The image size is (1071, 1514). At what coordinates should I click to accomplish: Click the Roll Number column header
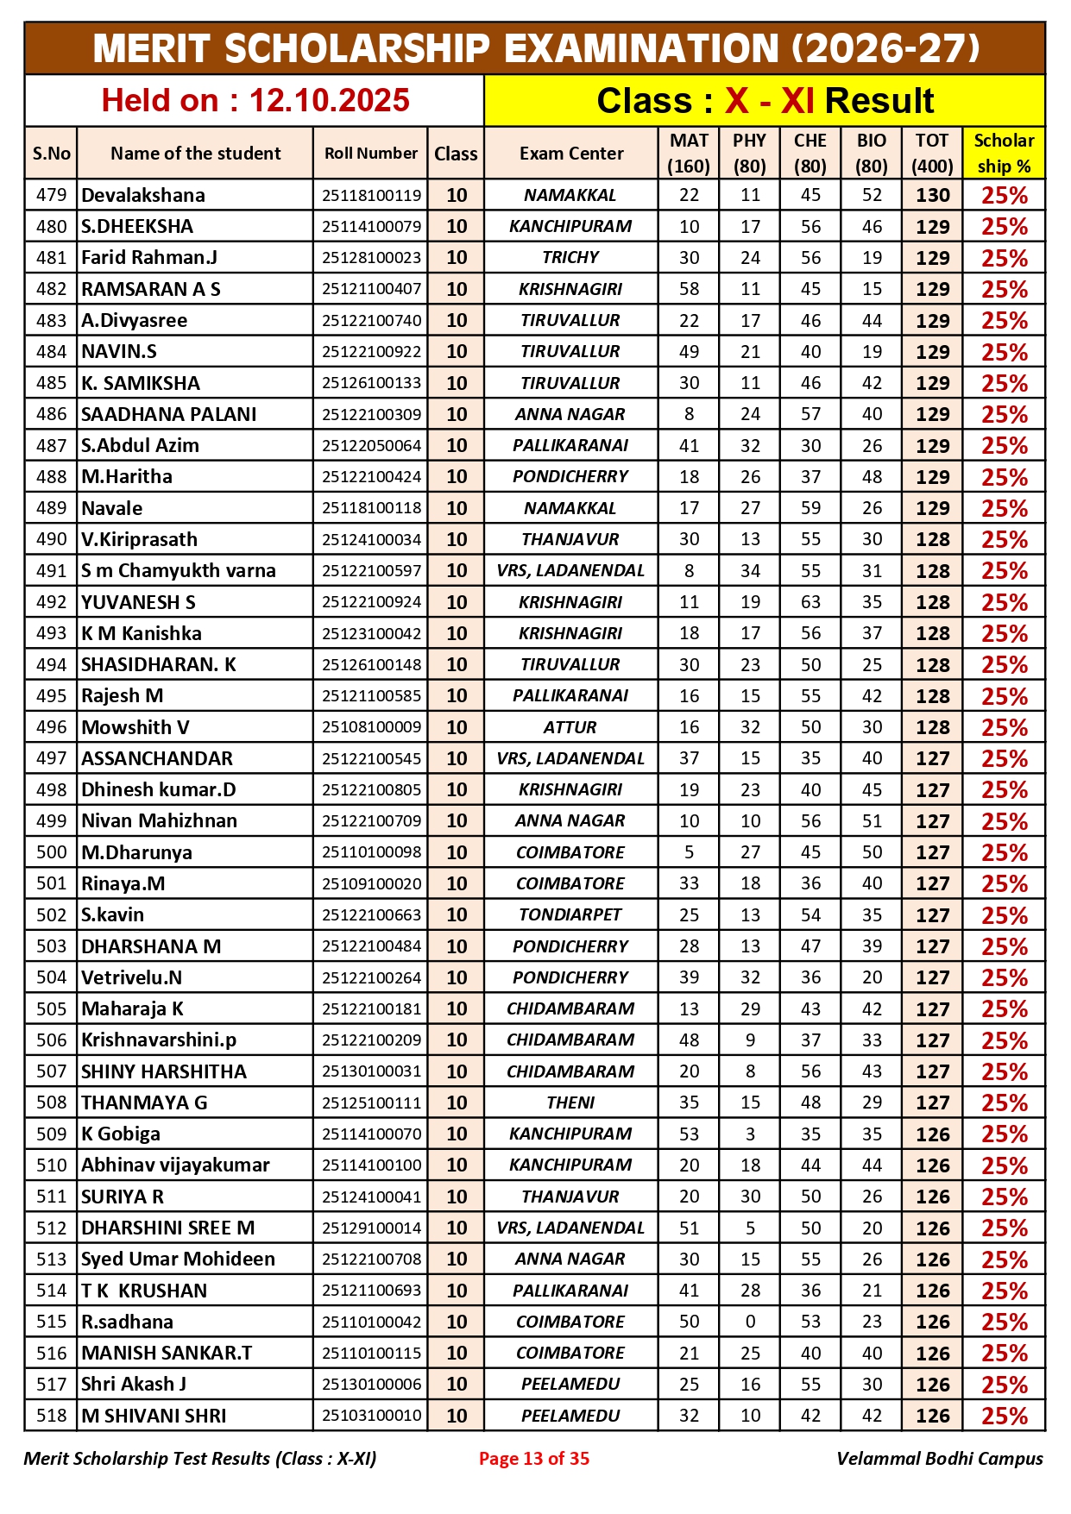click(x=370, y=154)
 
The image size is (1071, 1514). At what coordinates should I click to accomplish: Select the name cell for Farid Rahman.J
click(x=149, y=258)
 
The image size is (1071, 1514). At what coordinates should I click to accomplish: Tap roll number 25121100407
click(x=371, y=289)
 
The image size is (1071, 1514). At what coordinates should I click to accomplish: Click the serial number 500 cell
click(x=51, y=852)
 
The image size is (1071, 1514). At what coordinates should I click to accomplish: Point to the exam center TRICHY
click(x=570, y=258)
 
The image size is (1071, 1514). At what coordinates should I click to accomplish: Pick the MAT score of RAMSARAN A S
click(x=689, y=289)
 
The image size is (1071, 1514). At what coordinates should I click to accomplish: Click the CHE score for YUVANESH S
click(x=810, y=602)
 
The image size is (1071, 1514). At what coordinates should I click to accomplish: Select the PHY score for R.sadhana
click(x=750, y=1322)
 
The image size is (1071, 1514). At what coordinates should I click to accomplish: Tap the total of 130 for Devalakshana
click(x=932, y=195)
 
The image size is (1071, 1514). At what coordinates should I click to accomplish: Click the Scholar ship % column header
click(x=1004, y=154)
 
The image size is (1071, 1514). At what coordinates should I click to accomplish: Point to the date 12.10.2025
click(x=329, y=101)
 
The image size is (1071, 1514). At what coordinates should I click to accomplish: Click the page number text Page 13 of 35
click(x=534, y=1459)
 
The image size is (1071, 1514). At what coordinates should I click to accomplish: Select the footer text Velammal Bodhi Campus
click(x=939, y=1459)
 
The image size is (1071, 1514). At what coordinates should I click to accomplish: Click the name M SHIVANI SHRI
click(x=154, y=1416)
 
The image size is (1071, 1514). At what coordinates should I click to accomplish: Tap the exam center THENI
click(x=570, y=1103)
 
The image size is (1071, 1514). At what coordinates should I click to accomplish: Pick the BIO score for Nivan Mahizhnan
click(x=872, y=820)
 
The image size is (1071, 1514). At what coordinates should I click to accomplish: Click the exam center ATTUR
click(x=570, y=727)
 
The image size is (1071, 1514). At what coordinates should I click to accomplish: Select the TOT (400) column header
click(x=932, y=154)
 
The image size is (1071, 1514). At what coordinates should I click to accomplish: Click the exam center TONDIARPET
click(x=570, y=914)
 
